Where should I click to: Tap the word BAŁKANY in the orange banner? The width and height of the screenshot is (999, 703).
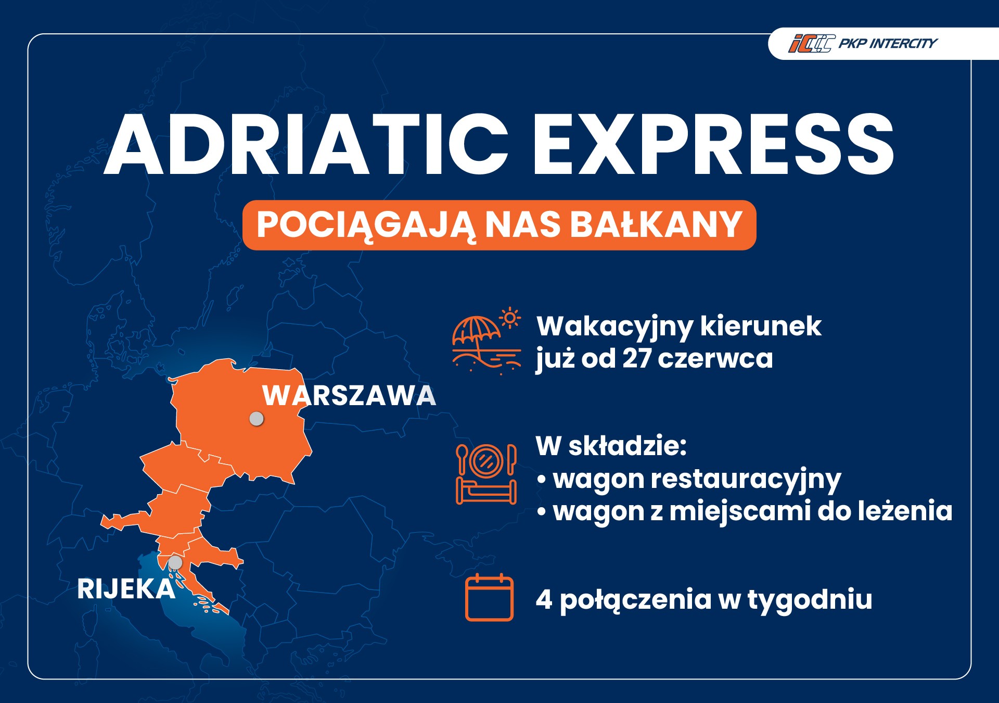656,225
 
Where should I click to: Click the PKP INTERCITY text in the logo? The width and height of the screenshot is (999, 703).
888,43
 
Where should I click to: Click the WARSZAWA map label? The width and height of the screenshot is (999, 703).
349,396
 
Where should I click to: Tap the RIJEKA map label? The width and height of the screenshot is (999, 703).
126,589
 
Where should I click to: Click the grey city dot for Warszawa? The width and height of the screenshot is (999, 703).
257,418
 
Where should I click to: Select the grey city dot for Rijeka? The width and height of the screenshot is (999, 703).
175,562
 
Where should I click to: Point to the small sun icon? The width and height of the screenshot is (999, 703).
510,317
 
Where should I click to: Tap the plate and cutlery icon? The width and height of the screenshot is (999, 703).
486,460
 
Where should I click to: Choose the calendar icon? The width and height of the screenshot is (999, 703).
489,598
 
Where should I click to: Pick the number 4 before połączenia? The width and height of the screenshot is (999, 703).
544,599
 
